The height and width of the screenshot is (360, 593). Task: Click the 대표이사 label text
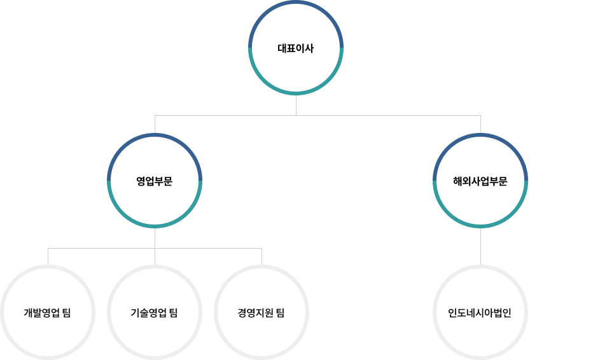point(296,48)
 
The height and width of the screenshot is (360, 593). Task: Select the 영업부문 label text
point(155,181)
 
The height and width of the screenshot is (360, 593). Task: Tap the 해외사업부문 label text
point(480,181)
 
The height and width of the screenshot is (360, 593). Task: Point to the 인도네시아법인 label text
point(480,313)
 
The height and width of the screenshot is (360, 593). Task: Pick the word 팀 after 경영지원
point(280,313)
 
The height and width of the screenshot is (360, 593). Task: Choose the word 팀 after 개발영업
point(66,313)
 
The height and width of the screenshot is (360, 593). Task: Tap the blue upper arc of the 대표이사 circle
point(296,3)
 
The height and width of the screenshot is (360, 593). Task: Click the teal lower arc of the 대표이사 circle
point(296,93)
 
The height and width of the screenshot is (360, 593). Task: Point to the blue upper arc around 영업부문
point(155,135)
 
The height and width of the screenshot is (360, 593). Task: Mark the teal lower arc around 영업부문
point(155,225)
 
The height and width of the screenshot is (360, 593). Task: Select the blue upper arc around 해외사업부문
point(480,135)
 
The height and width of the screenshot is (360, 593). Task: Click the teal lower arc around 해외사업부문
point(480,225)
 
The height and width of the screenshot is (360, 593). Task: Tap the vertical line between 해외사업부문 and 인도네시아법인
point(480,247)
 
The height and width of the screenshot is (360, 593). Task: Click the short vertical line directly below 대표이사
point(296,106)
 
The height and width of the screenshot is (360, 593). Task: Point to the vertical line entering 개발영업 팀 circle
point(48,256)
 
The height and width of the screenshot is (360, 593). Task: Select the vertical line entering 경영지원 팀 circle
point(262,256)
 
